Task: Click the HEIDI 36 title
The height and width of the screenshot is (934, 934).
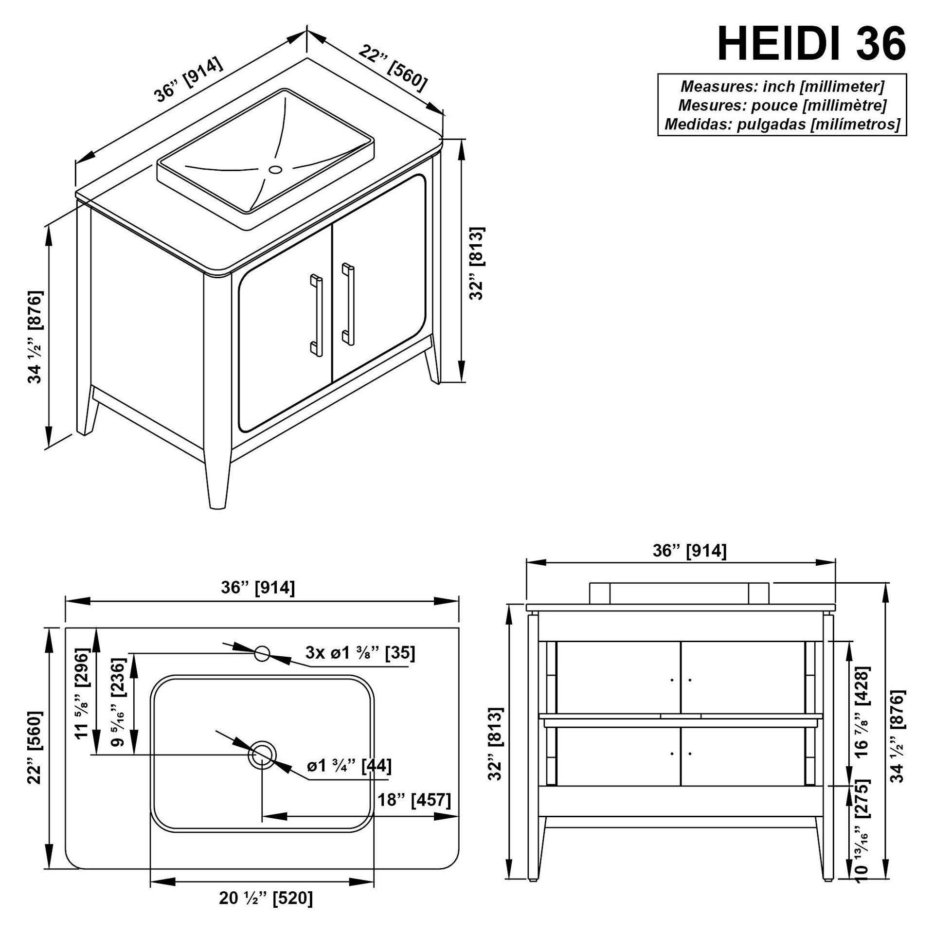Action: tap(811, 44)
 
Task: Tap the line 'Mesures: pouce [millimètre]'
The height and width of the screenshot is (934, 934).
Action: tap(782, 105)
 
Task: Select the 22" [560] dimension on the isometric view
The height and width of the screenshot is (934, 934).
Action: tap(393, 68)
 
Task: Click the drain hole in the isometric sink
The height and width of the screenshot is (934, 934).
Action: tap(276, 170)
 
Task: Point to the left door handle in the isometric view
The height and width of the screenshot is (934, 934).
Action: tap(316, 315)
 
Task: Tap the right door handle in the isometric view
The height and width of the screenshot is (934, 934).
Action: tap(348, 304)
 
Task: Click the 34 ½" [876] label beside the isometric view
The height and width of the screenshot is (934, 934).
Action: tap(35, 337)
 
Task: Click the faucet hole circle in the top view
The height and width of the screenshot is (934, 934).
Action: tap(262, 653)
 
